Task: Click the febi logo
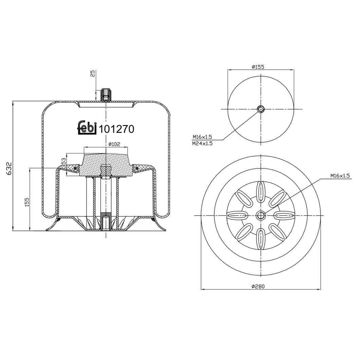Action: [x=87, y=128]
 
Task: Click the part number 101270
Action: [x=116, y=129]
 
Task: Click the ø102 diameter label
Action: [x=114, y=144]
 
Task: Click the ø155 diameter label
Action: [x=258, y=67]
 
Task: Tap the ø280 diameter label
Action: [x=258, y=286]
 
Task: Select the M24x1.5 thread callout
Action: [x=202, y=143]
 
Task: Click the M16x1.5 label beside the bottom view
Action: [x=340, y=176]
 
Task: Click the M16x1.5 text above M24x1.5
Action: [x=202, y=137]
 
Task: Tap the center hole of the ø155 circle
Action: [x=260, y=109]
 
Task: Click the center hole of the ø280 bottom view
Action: [x=260, y=215]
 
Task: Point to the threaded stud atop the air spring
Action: [x=106, y=94]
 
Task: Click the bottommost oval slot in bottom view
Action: [x=260, y=238]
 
